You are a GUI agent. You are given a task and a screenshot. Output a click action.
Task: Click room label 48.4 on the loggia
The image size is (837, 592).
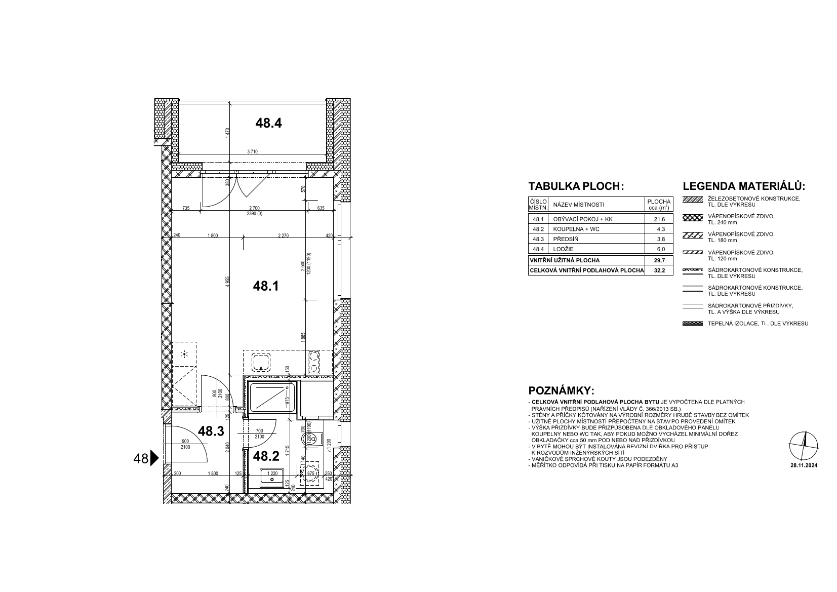268,123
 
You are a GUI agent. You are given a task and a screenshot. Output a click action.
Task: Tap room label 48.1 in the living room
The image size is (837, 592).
266,286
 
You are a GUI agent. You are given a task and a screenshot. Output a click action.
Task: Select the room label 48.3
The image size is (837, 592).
211,431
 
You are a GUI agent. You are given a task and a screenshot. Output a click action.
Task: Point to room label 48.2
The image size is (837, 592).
266,456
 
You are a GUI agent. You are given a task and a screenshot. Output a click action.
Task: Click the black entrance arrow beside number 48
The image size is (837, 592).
154,458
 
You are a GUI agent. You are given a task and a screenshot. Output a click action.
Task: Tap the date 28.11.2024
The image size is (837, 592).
804,465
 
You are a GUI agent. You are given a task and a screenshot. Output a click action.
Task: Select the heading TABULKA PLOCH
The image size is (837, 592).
576,186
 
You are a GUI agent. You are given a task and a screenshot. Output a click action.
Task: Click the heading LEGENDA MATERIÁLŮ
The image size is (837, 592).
743,186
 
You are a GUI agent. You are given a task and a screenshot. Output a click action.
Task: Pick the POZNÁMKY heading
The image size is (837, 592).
561,391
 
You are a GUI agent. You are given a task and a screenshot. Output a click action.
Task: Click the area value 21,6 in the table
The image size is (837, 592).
659,219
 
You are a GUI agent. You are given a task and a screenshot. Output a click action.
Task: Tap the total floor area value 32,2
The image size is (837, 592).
659,271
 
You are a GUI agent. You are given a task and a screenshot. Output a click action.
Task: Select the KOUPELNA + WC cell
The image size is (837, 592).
576,229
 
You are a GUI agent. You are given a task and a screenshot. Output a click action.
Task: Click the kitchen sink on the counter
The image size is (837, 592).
261,362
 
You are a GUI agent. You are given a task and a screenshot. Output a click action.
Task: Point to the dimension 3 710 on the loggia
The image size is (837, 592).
252,151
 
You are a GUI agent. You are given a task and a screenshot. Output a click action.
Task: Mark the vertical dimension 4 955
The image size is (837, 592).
228,282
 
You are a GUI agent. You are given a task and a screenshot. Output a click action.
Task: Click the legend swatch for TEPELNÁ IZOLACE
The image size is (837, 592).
692,324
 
